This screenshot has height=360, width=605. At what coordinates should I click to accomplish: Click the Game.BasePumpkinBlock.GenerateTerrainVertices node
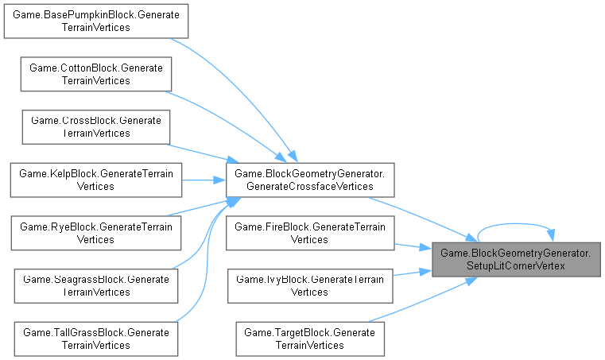(x=95, y=21)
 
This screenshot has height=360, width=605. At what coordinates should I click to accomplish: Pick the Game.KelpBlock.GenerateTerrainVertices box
(x=95, y=179)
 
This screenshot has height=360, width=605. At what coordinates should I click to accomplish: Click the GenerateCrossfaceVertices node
(x=310, y=179)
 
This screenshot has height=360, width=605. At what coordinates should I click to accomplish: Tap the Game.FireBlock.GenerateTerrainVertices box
(x=310, y=232)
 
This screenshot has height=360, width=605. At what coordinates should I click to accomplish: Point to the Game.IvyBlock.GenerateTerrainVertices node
(x=310, y=285)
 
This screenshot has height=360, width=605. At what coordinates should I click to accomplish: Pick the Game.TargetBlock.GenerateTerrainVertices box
(x=310, y=338)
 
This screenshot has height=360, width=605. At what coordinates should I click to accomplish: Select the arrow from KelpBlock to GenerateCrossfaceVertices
(x=204, y=179)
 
